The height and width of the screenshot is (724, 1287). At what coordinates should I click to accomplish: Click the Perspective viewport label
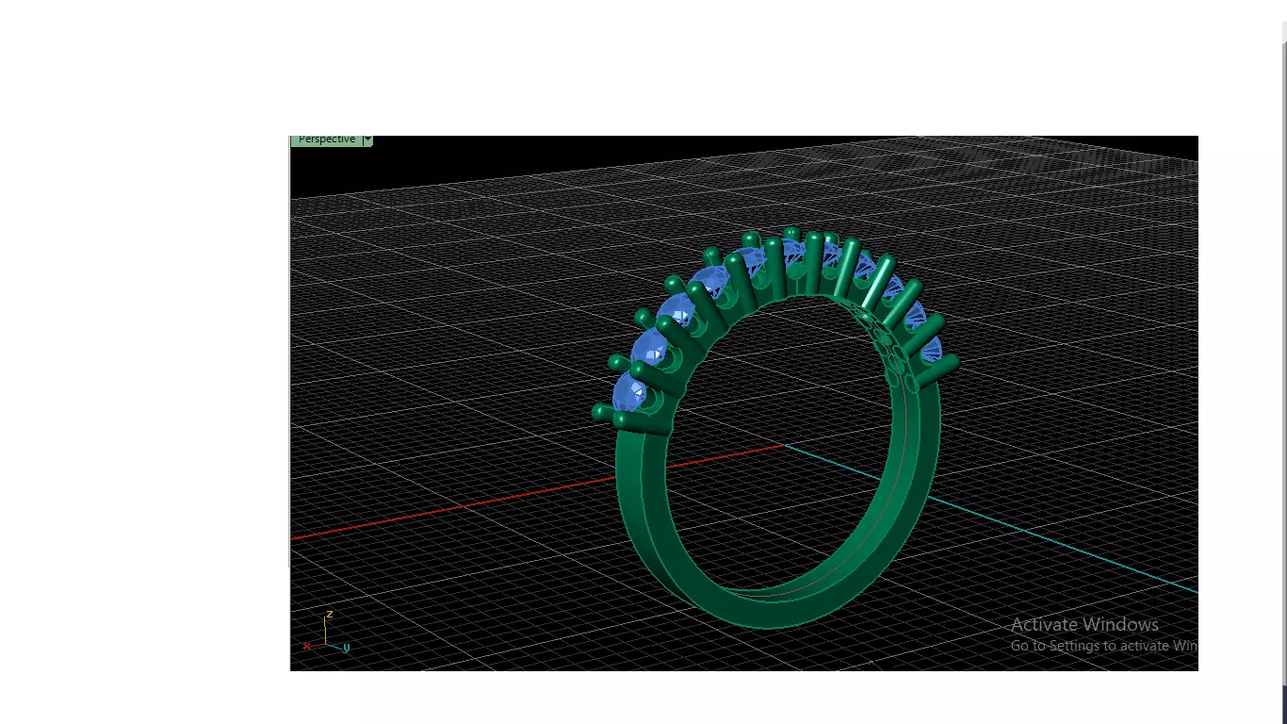tap(326, 140)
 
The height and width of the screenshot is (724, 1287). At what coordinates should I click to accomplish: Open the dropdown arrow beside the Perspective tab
tap(367, 140)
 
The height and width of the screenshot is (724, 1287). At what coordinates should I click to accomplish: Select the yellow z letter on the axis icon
tap(329, 615)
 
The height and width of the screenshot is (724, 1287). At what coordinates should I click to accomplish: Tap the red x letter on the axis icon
tap(307, 646)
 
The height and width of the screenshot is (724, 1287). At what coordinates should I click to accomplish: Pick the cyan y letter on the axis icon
tap(346, 648)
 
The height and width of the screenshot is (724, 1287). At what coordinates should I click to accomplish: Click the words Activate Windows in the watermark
tap(1083, 624)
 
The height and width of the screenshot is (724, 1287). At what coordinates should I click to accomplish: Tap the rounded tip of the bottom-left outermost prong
tap(600, 411)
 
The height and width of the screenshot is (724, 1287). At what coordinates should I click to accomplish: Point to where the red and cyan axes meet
tap(783, 445)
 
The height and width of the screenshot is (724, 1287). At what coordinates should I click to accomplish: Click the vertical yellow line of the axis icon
tap(326, 632)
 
